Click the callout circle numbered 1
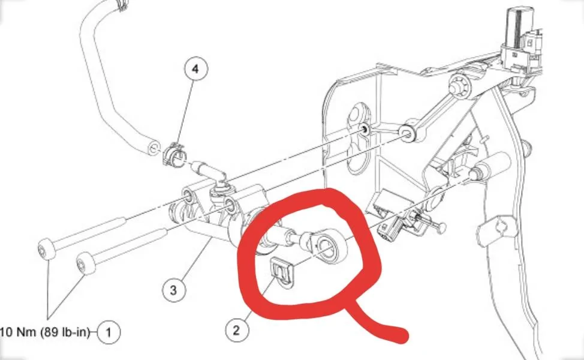(109, 332)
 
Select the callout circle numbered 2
(236, 330)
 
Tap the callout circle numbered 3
(173, 290)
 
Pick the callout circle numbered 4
(196, 68)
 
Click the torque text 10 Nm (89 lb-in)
(45, 332)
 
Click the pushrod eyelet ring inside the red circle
(327, 247)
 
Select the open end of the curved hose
(153, 148)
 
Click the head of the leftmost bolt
(47, 248)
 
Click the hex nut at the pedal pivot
(458, 85)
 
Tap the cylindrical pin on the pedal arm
(492, 166)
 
